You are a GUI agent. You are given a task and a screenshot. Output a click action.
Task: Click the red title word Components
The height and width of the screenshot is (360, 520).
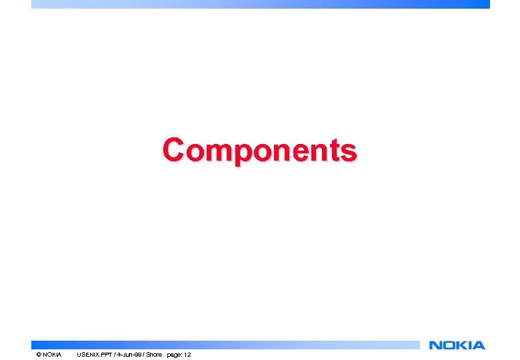(260, 150)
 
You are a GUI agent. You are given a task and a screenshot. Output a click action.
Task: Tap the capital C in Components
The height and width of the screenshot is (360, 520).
(173, 150)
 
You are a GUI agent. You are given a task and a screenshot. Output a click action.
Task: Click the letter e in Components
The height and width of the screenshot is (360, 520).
(295, 152)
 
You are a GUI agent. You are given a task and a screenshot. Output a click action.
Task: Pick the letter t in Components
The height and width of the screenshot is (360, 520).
(334, 151)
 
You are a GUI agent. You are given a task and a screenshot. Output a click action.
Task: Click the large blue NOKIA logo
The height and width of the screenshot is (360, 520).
(457, 345)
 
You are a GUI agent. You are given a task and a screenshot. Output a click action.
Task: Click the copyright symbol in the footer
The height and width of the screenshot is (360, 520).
(39, 355)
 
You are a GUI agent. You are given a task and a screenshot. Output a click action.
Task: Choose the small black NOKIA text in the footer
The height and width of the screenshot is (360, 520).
(52, 355)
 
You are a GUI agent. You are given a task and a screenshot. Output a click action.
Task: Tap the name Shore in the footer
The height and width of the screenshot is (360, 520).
(153, 355)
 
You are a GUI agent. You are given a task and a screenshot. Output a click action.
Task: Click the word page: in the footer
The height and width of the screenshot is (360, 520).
(174, 355)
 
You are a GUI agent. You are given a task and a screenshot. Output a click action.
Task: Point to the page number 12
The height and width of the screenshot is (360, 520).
(187, 355)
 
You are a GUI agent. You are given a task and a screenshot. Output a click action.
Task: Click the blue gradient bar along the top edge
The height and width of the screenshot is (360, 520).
(260, 4)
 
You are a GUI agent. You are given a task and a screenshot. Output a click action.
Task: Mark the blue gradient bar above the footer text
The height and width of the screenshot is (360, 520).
(227, 345)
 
